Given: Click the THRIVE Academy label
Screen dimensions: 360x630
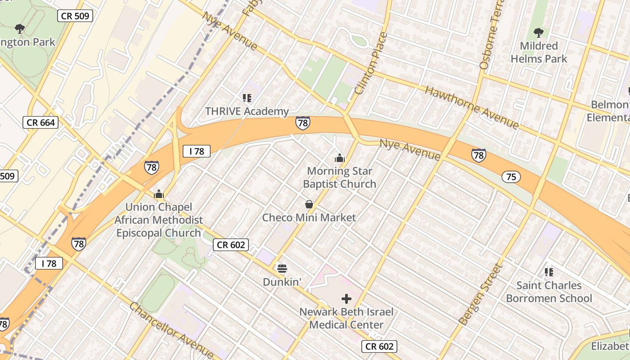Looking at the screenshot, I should pos(247,111).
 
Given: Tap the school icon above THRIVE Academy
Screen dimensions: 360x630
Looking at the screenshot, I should pos(247,98).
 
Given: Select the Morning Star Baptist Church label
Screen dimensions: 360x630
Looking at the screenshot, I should pos(339,177).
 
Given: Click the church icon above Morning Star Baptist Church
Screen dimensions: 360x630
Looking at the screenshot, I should pos(339,158).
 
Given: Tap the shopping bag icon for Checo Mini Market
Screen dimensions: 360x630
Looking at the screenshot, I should pos(309,204).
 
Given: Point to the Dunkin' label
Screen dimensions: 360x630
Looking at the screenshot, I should pos(282,282).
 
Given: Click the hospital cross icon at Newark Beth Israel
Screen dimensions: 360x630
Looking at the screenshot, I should pos(346,298).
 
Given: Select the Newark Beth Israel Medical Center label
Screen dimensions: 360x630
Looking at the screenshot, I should pos(346,318).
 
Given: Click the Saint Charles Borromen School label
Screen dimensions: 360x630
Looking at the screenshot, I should pos(549,292).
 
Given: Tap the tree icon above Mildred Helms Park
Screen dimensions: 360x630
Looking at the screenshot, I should pos(538,32).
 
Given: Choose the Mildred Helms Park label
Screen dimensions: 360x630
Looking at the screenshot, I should pos(539,52).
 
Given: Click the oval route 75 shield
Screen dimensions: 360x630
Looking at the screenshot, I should pos(511,177).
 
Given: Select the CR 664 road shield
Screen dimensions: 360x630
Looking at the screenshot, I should pos(40,122).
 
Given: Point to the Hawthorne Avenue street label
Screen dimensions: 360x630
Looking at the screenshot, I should pos(472,107).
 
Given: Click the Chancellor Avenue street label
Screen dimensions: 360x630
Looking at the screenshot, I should pos(171,330).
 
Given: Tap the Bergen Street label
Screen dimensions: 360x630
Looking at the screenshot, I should pos(481,294).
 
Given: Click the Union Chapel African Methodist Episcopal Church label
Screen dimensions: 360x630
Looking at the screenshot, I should pos(158,220).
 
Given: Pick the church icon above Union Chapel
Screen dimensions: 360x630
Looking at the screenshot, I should pos(158,194).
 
